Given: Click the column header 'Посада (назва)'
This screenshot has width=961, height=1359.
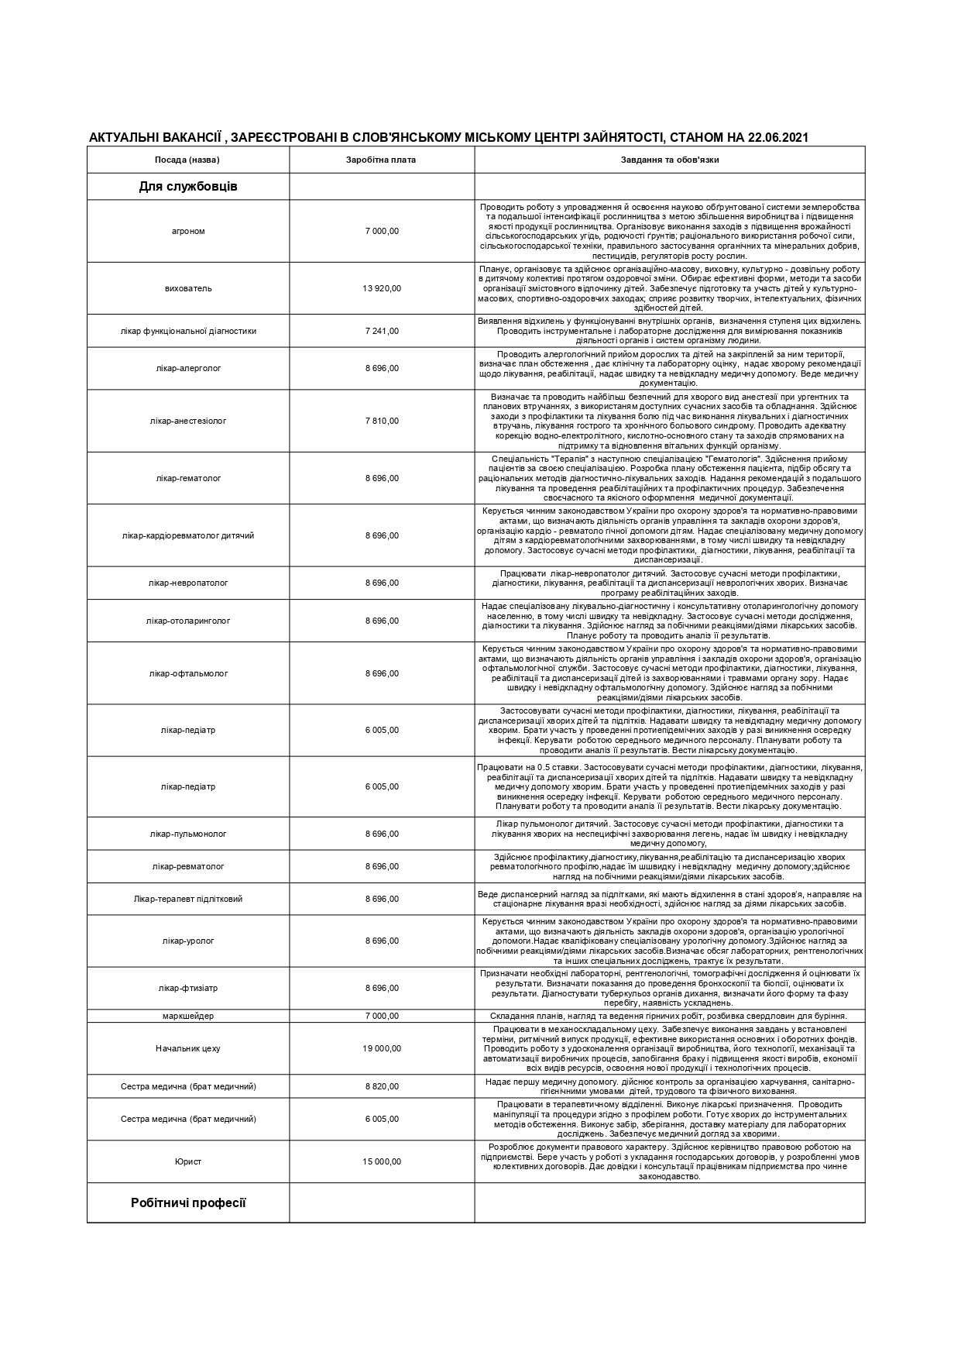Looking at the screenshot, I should coord(187,160).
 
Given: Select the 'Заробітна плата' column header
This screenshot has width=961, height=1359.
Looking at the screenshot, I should coord(381,160).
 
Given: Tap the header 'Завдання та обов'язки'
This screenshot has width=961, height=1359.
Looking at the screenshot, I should coord(669,160).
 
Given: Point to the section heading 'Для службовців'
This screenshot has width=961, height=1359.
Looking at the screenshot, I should coord(188,187).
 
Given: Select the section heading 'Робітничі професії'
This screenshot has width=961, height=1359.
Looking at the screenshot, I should coord(188,1202).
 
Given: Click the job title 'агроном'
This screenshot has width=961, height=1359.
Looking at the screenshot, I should coord(188,231).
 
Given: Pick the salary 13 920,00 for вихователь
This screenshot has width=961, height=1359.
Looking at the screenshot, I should coord(382,288).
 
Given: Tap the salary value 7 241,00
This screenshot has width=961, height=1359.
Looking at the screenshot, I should coord(382,331).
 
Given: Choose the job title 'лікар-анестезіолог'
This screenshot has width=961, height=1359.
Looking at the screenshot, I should coord(188,421).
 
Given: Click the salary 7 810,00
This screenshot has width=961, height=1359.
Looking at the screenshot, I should coord(382,421).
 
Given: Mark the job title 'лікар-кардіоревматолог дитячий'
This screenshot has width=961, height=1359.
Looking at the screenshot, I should coord(188,535).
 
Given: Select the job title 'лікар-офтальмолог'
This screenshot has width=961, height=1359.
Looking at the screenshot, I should coord(188,673).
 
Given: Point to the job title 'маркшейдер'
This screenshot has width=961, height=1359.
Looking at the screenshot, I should coord(188,1016).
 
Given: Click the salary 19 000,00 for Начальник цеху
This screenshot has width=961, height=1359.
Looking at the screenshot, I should coord(382,1048).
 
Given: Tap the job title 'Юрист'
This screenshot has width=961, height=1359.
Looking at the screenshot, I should coord(188,1161).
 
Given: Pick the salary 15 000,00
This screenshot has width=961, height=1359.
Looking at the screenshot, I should coord(382,1161).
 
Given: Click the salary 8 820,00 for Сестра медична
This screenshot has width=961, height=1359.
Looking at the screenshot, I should coord(382,1086).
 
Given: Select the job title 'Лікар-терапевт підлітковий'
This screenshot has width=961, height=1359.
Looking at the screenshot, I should coord(188,899).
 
